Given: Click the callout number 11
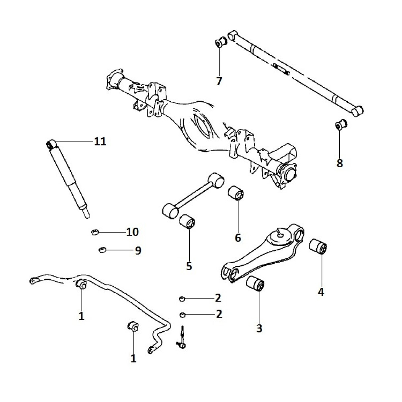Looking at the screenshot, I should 100,142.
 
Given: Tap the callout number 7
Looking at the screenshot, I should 219,82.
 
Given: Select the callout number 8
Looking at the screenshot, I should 340,164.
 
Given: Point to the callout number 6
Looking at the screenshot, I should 238,238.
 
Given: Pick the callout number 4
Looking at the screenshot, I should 321,292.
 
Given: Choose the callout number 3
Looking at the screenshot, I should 259,328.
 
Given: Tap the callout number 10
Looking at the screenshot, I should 132,232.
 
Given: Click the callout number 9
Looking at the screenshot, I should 138,251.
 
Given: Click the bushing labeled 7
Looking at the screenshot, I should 220,42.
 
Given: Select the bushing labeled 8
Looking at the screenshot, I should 340,125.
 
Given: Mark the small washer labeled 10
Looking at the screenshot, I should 95,232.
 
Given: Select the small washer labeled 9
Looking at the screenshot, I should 102,250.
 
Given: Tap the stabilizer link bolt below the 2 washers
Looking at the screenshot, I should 183,338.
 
